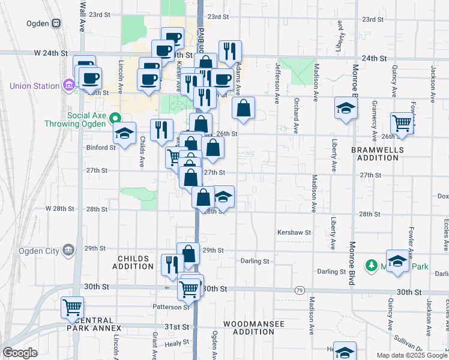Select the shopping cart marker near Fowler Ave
pyautogui.click(x=402, y=123)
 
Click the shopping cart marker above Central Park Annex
pyautogui.click(x=72, y=307)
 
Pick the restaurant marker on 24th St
pyautogui.click(x=230, y=52)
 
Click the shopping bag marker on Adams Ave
pyautogui.click(x=243, y=109)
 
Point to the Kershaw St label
pyautogui.click(x=294, y=232)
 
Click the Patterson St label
pyautogui.click(x=170, y=307)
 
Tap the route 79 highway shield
pyautogui.click(x=299, y=290)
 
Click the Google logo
pyautogui.click(x=20, y=353)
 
